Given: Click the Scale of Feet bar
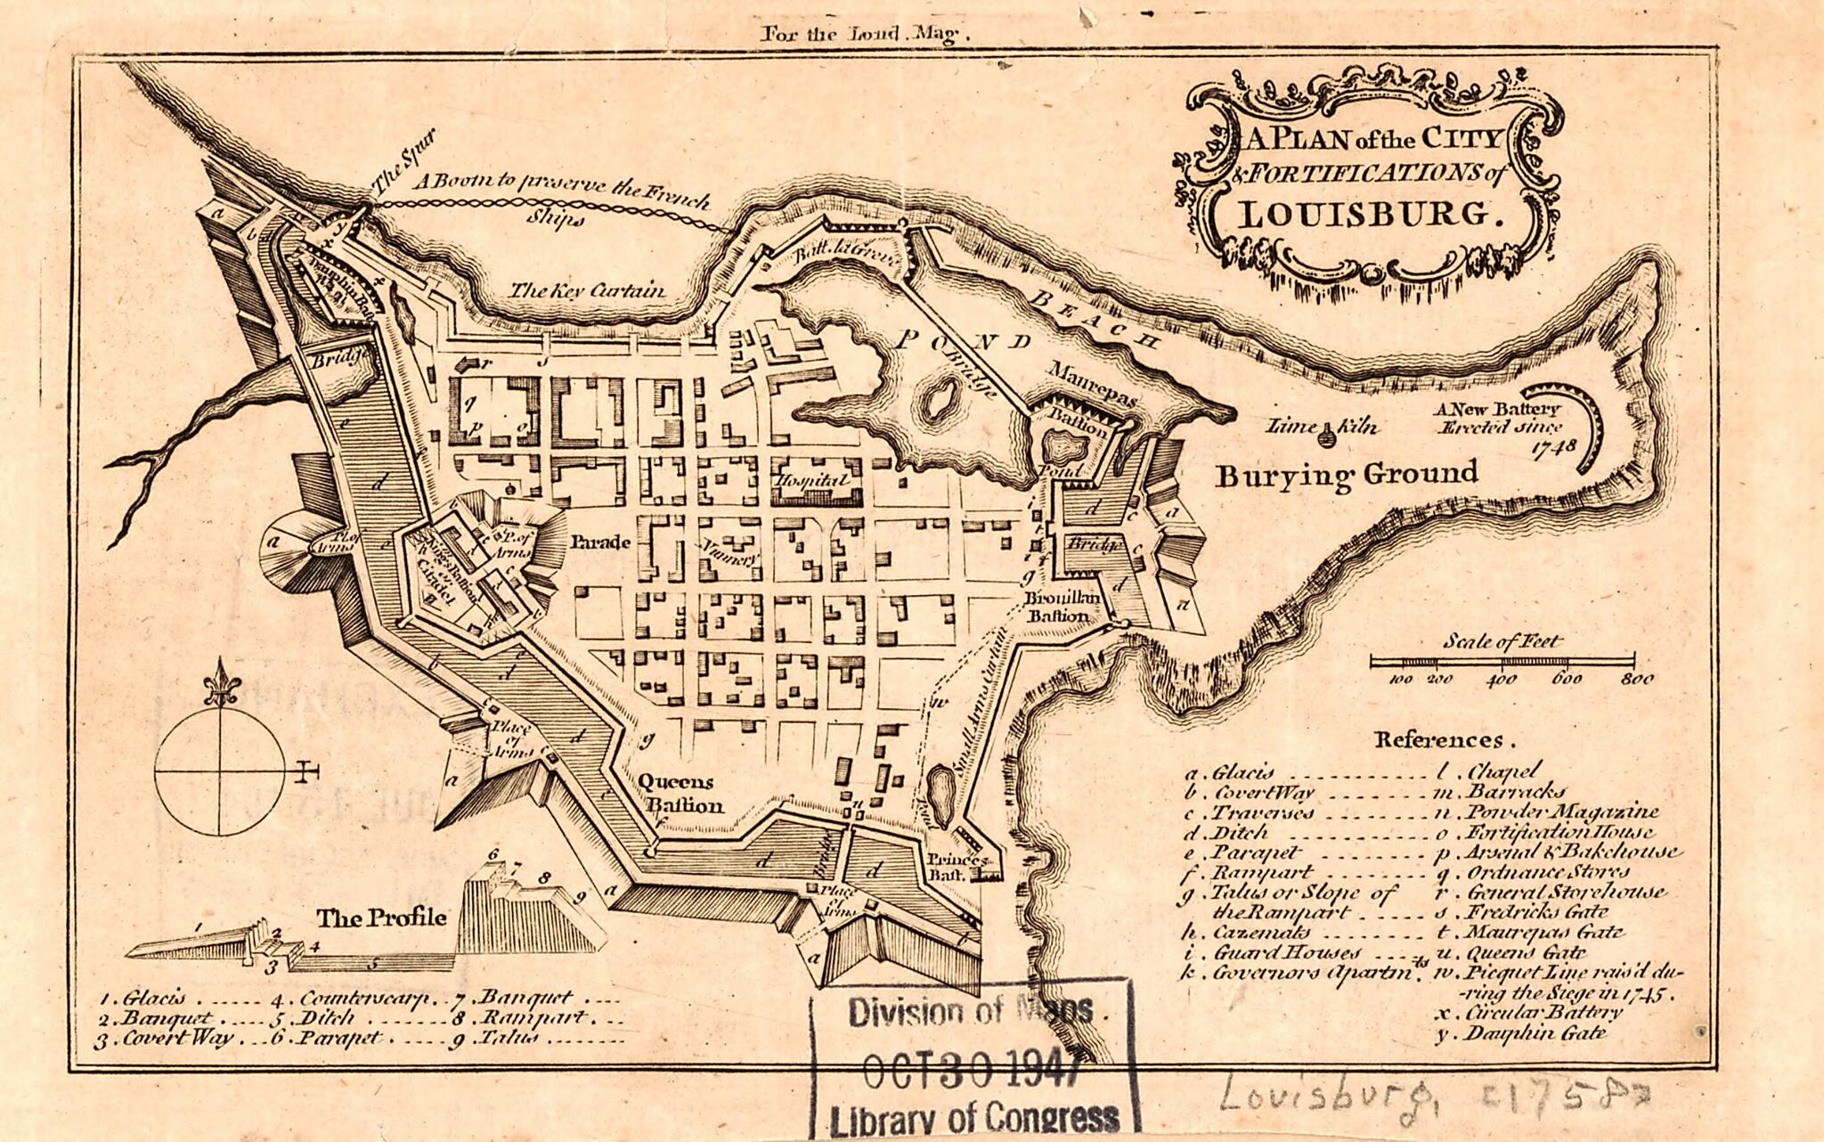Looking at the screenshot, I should point(1502,661).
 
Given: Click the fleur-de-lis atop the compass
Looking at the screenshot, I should point(219,682).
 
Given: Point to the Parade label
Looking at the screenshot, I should point(600,542).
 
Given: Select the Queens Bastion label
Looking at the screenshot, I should point(679,794).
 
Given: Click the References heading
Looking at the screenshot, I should point(1437,740).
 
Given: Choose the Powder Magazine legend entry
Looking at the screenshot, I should point(1560,812).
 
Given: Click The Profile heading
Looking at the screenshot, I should point(382,918).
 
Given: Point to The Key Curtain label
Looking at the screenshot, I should point(586,290).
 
